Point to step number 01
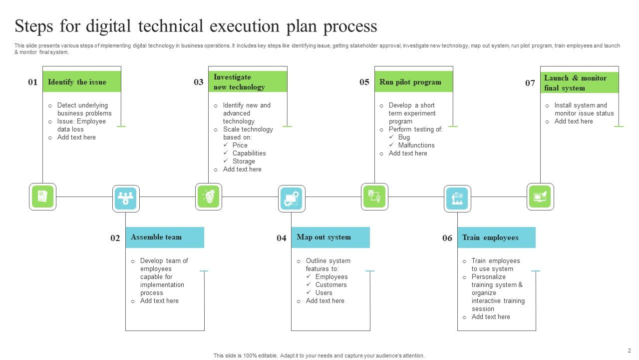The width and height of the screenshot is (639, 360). pyautogui.click(x=33, y=82)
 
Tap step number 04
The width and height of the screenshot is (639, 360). pyautogui.click(x=282, y=238)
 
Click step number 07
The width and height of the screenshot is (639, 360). pyautogui.click(x=530, y=83)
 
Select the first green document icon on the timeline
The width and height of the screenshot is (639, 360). pyautogui.click(x=43, y=196)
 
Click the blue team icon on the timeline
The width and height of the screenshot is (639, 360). pyautogui.click(x=126, y=198)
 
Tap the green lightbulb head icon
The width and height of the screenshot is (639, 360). pyautogui.click(x=209, y=196)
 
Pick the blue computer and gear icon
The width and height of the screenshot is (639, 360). pyautogui.click(x=292, y=198)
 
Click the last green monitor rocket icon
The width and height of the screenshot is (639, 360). pyautogui.click(x=540, y=196)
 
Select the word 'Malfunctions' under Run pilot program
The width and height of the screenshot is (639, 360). pyautogui.click(x=416, y=145)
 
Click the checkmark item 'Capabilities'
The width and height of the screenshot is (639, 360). pyautogui.click(x=249, y=153)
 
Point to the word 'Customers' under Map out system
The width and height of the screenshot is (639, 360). pyautogui.click(x=331, y=285)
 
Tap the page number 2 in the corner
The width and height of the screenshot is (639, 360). pyautogui.click(x=629, y=350)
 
